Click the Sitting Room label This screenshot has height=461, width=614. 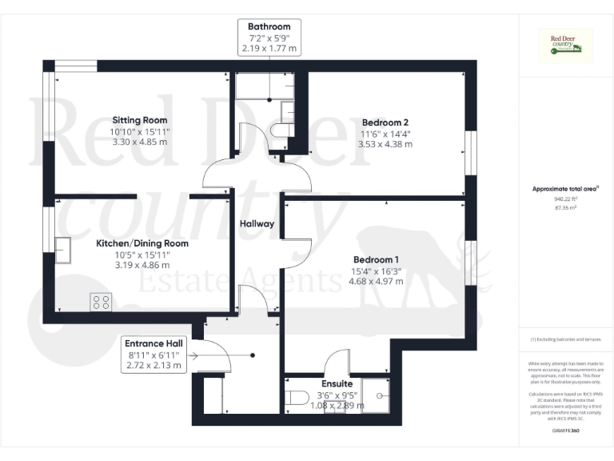point(140,119)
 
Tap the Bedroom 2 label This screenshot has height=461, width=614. point(385,122)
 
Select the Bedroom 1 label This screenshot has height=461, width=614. point(375,259)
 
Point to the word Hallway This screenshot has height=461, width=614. point(257,223)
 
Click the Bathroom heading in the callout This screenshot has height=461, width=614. point(269,26)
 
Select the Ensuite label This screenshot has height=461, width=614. point(337,383)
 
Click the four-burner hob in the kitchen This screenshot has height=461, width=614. point(102,302)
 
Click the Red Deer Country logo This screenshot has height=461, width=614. point(565,46)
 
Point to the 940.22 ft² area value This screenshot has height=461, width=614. point(565,199)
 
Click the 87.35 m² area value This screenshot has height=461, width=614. point(565,206)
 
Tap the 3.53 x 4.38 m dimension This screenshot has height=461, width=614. point(385,144)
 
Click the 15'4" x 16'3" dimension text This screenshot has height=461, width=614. point(375,271)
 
